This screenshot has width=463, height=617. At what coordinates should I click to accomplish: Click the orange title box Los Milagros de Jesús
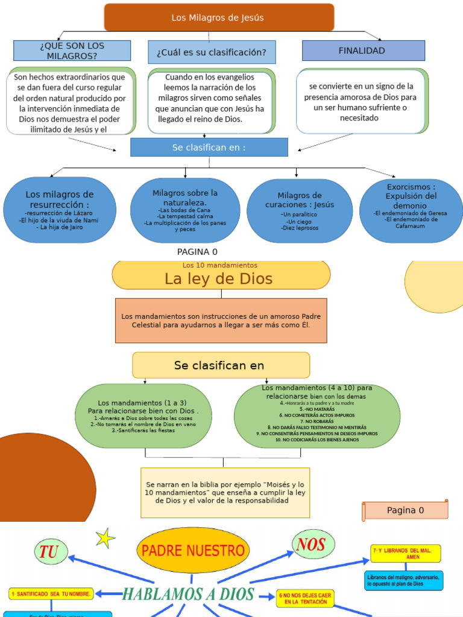click(218, 17)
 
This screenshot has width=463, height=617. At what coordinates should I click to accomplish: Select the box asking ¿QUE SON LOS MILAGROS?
click(72, 51)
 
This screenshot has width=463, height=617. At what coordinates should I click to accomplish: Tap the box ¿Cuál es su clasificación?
click(212, 52)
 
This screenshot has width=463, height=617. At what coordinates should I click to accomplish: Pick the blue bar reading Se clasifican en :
click(209, 147)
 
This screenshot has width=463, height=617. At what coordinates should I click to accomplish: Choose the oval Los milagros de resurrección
click(60, 210)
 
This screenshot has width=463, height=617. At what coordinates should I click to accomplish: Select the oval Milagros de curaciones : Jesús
click(300, 211)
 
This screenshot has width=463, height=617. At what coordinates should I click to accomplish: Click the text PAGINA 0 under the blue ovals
click(197, 252)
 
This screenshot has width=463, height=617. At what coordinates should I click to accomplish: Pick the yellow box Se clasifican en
click(221, 365)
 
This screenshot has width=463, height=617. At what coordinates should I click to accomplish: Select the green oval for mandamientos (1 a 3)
click(143, 416)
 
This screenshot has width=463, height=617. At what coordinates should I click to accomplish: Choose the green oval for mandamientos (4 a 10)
click(317, 415)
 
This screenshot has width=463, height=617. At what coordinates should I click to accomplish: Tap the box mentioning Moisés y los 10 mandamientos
click(225, 492)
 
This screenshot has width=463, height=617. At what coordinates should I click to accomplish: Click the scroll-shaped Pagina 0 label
click(405, 510)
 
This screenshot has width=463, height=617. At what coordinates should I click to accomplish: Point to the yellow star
click(106, 538)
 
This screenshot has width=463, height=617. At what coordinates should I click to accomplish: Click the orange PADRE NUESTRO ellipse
click(193, 550)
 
